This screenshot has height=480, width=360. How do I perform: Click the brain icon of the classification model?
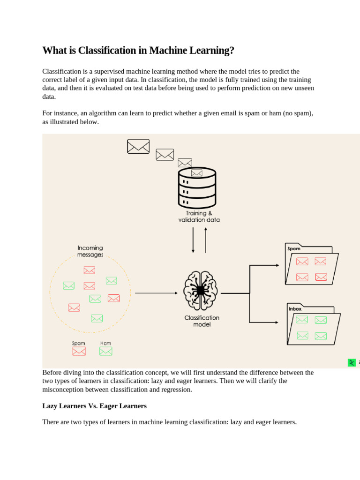(x=201, y=291)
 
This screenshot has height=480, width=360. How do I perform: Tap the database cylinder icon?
(x=197, y=188)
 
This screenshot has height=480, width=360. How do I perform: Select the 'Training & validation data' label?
(x=199, y=217)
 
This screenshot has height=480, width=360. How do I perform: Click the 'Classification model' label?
(x=202, y=321)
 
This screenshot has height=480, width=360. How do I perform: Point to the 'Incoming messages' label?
(x=90, y=251)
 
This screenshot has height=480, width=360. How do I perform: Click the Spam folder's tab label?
(x=294, y=249)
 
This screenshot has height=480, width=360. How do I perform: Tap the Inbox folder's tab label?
(x=295, y=309)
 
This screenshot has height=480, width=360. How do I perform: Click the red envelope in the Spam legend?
(x=79, y=351)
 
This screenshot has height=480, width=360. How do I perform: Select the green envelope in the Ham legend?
(x=105, y=351)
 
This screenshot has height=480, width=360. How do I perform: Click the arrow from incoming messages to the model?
(x=156, y=293)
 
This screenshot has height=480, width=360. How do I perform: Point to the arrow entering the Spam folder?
(x=265, y=265)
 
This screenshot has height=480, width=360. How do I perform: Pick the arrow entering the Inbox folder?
(x=265, y=322)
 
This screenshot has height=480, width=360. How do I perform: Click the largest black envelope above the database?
(x=138, y=146)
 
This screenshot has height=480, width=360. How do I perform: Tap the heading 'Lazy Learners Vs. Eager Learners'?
(x=94, y=406)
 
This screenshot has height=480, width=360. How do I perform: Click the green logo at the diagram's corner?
(x=352, y=362)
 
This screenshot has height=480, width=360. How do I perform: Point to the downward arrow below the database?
(x=193, y=240)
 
